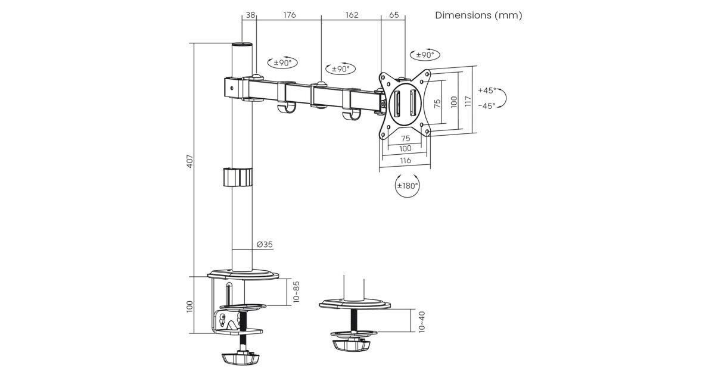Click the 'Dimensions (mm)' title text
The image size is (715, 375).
point(478,15)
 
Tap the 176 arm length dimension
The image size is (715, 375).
point(290,15)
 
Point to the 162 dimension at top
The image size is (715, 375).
point(352,15)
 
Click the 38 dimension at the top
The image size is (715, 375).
point(250,15)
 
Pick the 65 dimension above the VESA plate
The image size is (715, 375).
point(394,15)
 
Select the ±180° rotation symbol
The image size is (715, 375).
point(408,185)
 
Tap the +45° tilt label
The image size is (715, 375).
point(487,91)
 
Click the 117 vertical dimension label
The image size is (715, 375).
point(468,101)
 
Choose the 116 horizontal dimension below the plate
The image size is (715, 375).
point(405,161)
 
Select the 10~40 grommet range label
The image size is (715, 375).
point(421,321)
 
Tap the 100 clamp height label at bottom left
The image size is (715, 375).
point(190,306)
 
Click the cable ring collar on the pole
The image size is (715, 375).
point(237,177)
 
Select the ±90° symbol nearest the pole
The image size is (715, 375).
point(282,62)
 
